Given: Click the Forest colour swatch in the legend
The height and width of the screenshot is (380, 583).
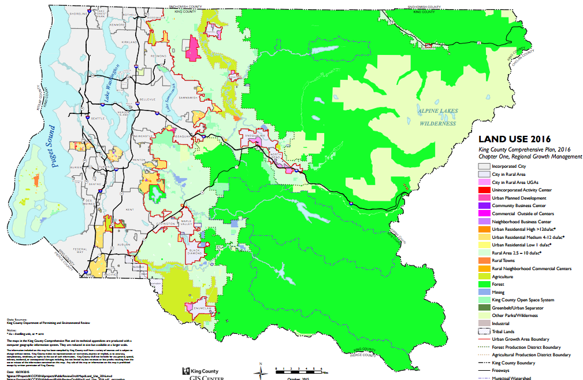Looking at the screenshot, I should coord(483,284).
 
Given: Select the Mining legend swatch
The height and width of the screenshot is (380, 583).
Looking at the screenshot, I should coord(483,292).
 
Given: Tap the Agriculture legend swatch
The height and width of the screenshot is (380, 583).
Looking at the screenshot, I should coord(483,276).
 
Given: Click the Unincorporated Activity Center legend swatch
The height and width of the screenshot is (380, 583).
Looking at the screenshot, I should coord(483,190).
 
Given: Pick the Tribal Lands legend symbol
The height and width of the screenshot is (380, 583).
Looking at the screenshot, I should coord(483,331).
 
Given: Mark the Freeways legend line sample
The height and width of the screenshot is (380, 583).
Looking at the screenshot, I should coord(483,370).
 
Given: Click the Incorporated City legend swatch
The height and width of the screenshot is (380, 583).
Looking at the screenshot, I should coord(483,166).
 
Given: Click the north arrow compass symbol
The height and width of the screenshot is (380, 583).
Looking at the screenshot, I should coord(262,369).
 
